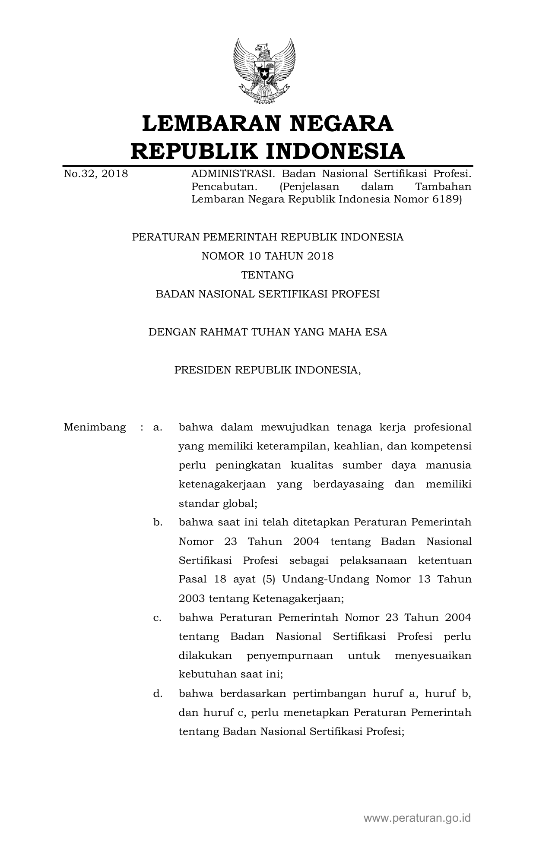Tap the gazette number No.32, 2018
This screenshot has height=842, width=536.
(x=96, y=174)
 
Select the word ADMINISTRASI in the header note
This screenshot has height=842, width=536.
(x=233, y=174)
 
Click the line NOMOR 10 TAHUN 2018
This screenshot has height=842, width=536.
(x=268, y=256)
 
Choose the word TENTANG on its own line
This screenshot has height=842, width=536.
(x=268, y=275)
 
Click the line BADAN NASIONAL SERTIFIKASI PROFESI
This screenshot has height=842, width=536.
(x=268, y=294)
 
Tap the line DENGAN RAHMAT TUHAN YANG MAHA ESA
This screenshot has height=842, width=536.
(x=268, y=332)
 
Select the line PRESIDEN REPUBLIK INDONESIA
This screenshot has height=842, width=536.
(x=268, y=370)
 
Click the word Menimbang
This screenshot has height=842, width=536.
(x=95, y=427)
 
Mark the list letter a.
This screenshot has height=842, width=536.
(x=157, y=427)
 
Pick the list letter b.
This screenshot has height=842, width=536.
(x=158, y=522)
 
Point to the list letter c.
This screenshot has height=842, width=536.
(x=157, y=617)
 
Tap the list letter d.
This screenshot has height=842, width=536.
(x=158, y=694)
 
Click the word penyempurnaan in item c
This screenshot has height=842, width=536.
(x=290, y=656)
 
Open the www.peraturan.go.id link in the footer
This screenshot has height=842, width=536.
(x=417, y=817)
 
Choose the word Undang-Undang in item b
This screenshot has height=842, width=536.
(x=326, y=579)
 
